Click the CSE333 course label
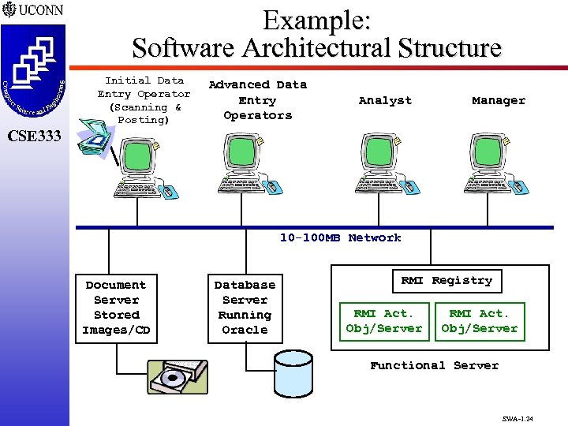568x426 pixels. [x=33, y=136]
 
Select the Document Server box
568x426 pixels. [x=116, y=308]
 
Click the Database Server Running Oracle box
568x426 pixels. [x=245, y=308]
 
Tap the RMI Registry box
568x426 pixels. [x=446, y=281]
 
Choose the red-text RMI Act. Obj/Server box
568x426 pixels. [x=384, y=322]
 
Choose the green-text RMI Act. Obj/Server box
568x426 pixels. [x=480, y=322]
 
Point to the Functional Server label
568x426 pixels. [x=434, y=365]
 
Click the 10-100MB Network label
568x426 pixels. [x=341, y=237]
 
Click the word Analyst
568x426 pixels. [x=385, y=100]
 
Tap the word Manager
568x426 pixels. [x=498, y=100]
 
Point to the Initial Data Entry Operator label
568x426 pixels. [x=144, y=100]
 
